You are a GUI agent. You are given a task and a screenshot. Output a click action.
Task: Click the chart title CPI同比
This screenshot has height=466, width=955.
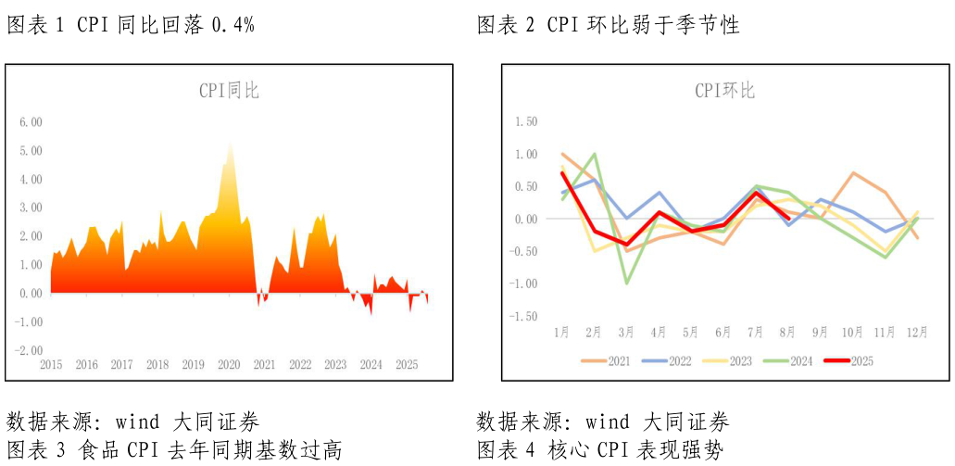pos(229,91)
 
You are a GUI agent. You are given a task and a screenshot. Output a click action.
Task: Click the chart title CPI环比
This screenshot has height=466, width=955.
pos(725,91)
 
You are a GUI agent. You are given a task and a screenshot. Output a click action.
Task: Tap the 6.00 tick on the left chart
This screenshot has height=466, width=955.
pos(31,122)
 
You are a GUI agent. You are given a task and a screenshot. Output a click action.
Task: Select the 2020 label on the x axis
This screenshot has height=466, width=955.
pos(229,365)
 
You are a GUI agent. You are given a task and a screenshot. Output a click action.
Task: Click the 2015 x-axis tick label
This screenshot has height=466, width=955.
pos(51,365)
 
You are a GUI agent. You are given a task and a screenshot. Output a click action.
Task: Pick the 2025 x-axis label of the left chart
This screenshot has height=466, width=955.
pos(407,365)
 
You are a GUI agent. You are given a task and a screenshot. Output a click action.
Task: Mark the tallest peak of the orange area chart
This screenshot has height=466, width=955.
pos(230,142)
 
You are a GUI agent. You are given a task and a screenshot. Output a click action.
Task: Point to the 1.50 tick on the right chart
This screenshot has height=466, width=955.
pos(524,121)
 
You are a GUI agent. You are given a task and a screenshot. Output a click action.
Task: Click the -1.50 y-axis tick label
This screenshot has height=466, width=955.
pos(522,316)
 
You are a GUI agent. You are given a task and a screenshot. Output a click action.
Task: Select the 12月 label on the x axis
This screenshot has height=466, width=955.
pos(917,332)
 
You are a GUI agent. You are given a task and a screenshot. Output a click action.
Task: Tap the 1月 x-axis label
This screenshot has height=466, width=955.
pos(561,332)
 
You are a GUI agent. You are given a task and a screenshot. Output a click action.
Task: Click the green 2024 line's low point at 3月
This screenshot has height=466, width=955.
pos(627,283)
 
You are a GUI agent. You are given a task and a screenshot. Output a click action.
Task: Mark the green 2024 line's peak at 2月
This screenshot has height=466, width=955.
pos(594,154)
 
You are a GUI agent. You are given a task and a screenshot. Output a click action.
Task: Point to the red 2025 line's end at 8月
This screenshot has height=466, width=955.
pos(788,219)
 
